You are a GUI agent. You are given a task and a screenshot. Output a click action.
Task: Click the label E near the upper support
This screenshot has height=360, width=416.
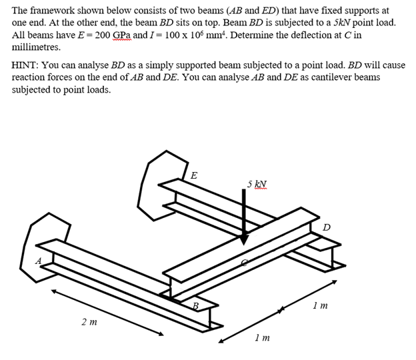[x=194, y=176]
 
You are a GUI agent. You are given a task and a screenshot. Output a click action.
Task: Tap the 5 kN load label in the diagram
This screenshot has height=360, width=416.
[x=256, y=183]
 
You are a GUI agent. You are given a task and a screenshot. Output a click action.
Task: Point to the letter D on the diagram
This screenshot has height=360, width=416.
[x=326, y=228]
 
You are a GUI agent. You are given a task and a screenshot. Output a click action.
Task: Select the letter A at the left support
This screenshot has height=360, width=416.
[x=38, y=260]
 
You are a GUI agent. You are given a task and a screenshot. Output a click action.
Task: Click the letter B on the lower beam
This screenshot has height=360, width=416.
[x=195, y=306]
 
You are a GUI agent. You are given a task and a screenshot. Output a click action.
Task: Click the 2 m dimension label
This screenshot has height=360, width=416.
[x=88, y=322]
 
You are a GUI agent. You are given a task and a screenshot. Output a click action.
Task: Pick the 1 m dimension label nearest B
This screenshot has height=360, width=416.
[x=262, y=338]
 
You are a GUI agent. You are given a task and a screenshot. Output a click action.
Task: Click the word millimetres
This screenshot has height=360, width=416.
[x=36, y=47]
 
